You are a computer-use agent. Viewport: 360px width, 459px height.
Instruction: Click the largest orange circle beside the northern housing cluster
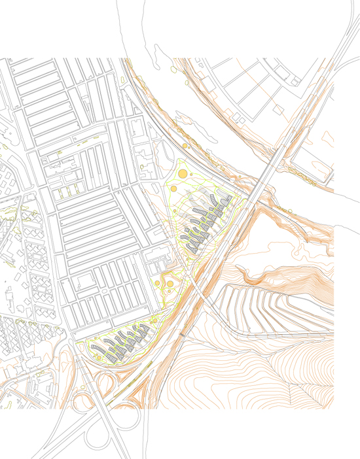[x=182, y=173]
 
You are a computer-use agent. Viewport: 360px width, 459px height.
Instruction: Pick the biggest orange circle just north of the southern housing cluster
[x=169, y=283]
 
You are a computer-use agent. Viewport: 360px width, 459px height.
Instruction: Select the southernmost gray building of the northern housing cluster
[x=194, y=250]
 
